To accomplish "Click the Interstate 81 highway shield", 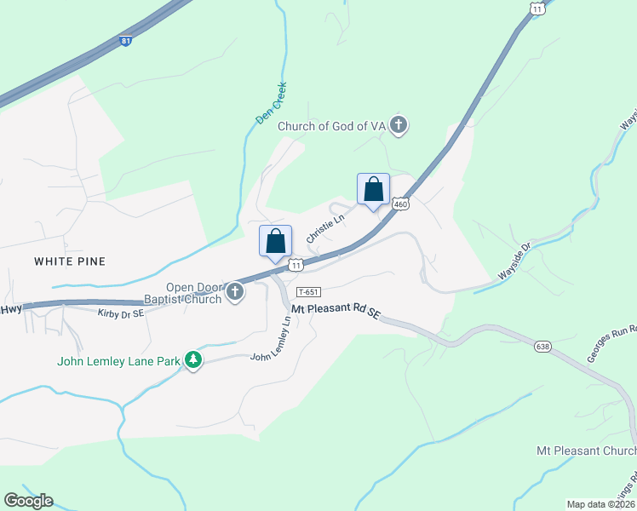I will click(x=126, y=40).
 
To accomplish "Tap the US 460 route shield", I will click(x=401, y=204).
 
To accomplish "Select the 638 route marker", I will click(x=542, y=347).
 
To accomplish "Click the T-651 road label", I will click(x=307, y=292).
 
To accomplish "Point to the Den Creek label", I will click(x=272, y=103).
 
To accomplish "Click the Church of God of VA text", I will click(x=333, y=126).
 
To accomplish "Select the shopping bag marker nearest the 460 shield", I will click(x=373, y=190).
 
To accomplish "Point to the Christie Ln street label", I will click(x=324, y=228).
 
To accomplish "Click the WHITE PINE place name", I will click(x=70, y=261).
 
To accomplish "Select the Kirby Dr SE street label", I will click(x=121, y=314).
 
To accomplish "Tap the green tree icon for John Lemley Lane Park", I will click(x=194, y=361).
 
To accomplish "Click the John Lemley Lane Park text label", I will click(x=118, y=361).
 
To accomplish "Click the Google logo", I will click(x=28, y=501).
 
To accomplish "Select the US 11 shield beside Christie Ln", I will click(x=296, y=265).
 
